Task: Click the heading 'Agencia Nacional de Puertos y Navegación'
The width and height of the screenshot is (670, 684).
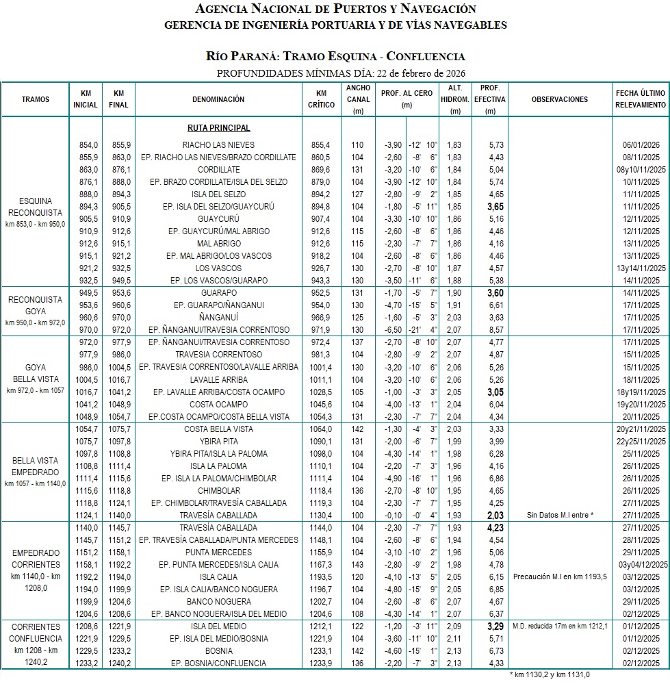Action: point(335,10)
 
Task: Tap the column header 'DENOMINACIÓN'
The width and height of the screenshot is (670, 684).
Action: point(218,99)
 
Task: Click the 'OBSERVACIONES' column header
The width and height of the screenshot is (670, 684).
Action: point(559,99)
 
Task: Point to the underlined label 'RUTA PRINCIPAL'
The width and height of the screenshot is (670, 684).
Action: point(218,128)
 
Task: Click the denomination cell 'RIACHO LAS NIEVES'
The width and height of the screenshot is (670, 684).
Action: point(218,145)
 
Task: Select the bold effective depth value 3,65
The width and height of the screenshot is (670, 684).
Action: point(491,207)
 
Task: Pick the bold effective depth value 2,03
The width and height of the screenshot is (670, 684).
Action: point(491,515)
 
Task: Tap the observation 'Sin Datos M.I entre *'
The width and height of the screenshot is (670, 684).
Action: point(559,515)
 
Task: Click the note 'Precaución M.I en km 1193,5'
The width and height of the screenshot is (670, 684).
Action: point(559,577)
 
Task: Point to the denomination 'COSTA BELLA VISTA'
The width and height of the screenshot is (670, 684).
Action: point(218,429)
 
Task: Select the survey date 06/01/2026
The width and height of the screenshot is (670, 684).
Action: point(641,145)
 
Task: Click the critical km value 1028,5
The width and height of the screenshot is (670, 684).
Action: point(320,392)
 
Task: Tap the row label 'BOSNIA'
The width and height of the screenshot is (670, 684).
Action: point(218,651)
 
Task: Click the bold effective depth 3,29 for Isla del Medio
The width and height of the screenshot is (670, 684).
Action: point(491,626)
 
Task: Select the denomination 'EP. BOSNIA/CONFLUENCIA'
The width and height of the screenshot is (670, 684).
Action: point(218,663)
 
